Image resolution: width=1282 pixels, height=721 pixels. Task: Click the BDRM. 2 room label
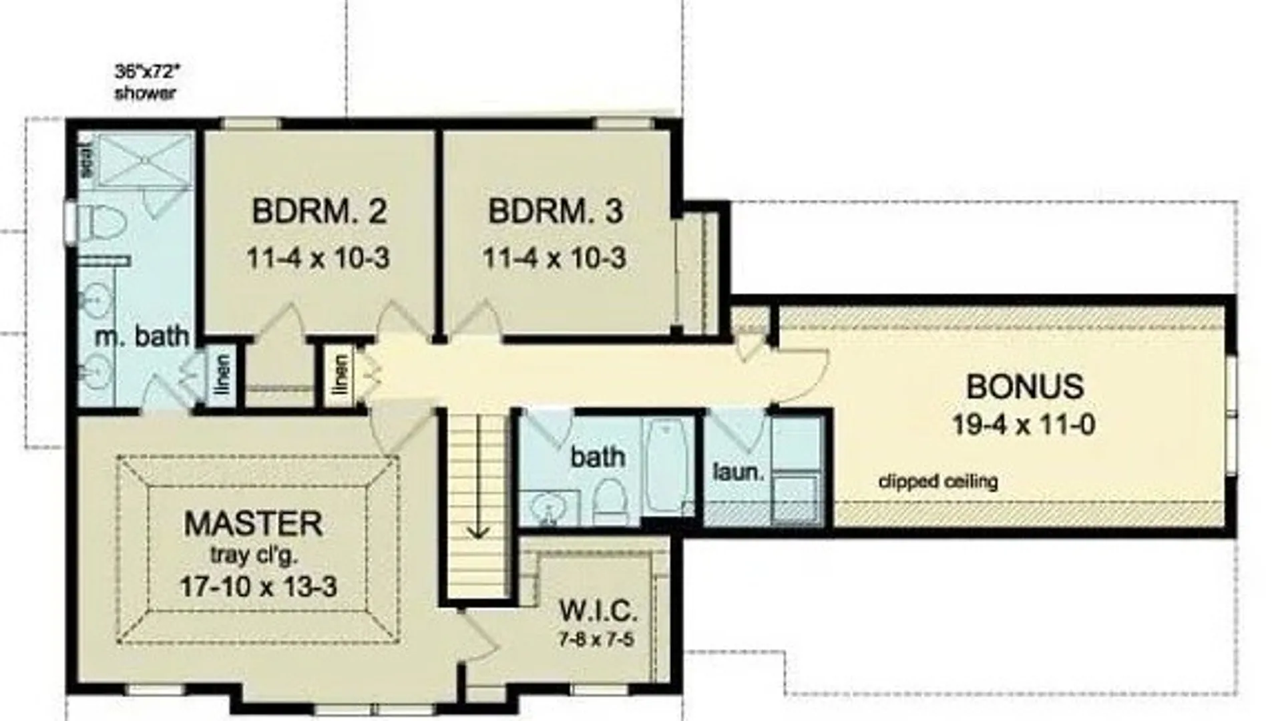319,212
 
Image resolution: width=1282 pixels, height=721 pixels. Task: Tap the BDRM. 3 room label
556,212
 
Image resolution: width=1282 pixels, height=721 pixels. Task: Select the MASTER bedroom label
254,523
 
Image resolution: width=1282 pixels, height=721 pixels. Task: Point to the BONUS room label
1025,387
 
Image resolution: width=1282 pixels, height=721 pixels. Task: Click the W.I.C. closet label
598,610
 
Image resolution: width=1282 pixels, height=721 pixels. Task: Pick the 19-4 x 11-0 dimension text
1024,425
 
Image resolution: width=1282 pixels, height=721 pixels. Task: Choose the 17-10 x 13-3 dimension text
258,587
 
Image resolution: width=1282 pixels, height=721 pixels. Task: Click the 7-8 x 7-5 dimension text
596,640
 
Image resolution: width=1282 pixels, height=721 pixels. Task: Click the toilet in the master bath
103,222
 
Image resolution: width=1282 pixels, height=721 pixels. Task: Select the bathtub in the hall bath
665,464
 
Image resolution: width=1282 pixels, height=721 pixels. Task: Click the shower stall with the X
145,160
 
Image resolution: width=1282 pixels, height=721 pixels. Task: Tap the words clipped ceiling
938,481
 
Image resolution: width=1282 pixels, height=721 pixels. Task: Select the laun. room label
738,473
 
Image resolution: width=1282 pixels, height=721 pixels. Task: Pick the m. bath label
142,336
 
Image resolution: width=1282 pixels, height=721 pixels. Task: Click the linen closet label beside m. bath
223,373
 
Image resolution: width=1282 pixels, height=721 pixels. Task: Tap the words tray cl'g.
254,555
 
